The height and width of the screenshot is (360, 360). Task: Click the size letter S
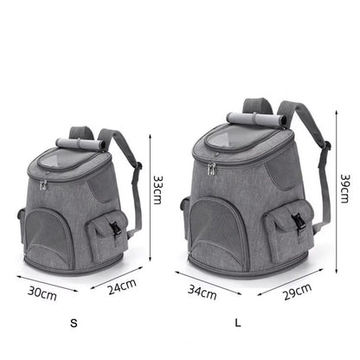pyautogui.click(x=74, y=324)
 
